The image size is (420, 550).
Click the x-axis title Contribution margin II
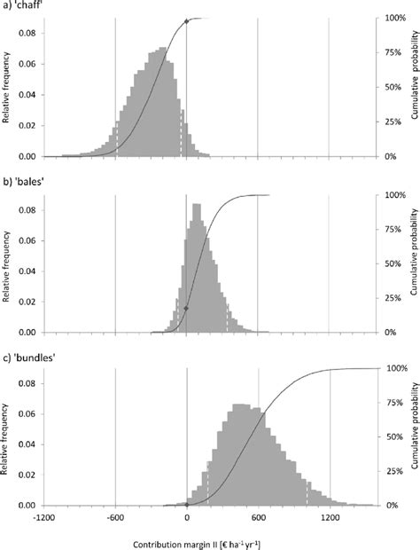pyautogui.click(x=187, y=542)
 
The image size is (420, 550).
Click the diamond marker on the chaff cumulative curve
pyautogui.click(x=186, y=20)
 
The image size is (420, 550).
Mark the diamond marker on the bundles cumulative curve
pyautogui.click(x=187, y=505)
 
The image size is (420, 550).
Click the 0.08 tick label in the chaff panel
pyautogui.click(x=28, y=33)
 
